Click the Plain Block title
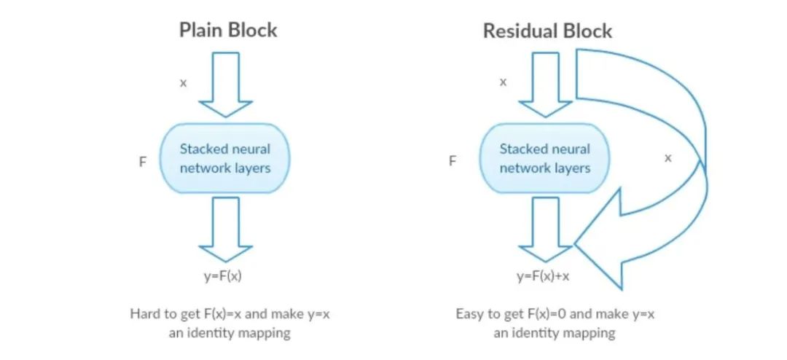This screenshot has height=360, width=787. click(x=228, y=31)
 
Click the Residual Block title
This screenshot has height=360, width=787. click(x=547, y=31)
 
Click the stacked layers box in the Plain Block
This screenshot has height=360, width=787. click(x=224, y=158)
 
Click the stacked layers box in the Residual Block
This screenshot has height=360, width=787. click(x=544, y=158)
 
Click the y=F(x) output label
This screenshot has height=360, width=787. click(x=224, y=277)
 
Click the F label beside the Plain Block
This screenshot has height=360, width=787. click(x=143, y=161)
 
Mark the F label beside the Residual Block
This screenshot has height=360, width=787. click(x=453, y=161)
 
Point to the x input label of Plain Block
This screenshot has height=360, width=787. click(x=183, y=82)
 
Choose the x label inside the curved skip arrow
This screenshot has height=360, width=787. click(x=667, y=157)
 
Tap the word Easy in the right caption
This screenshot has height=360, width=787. click(x=469, y=315)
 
